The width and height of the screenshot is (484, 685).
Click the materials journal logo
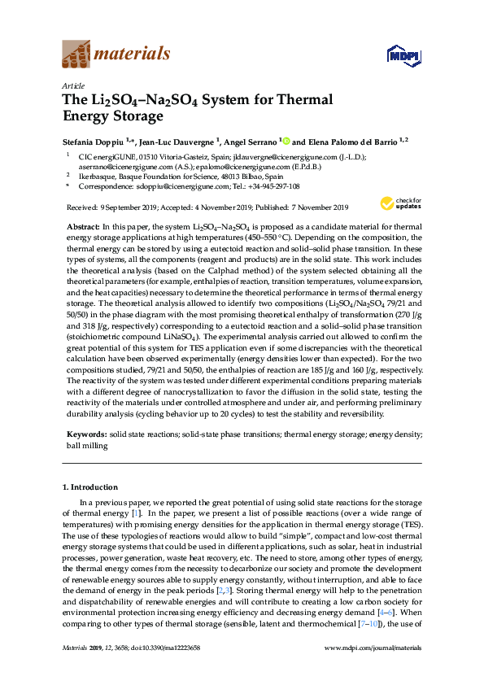coord(116,55)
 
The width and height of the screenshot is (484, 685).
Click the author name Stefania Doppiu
coord(95,140)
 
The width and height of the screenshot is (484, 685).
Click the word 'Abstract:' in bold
coord(81,225)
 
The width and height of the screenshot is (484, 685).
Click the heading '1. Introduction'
coord(90,487)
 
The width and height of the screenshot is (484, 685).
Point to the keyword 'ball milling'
coord(86,446)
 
